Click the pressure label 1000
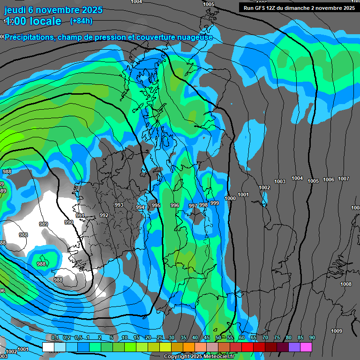[x=230, y=198]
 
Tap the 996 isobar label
[x=175, y=205]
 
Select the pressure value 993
[x=119, y=205]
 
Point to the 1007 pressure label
[x=344, y=179]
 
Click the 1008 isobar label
[x=346, y=284]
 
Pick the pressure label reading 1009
[x=337, y=331]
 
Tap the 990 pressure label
[x=69, y=222]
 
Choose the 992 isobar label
[x=104, y=215]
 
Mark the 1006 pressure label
[x=329, y=180]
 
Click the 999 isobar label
[x=215, y=203]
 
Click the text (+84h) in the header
[x=81, y=21]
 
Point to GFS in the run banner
[x=262, y=8]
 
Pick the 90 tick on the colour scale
[x=312, y=337]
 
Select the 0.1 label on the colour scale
[x=54, y=337]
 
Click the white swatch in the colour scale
[x=48, y=347]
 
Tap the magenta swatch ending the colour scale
[x=306, y=347]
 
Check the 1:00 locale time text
[x=33, y=21]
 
